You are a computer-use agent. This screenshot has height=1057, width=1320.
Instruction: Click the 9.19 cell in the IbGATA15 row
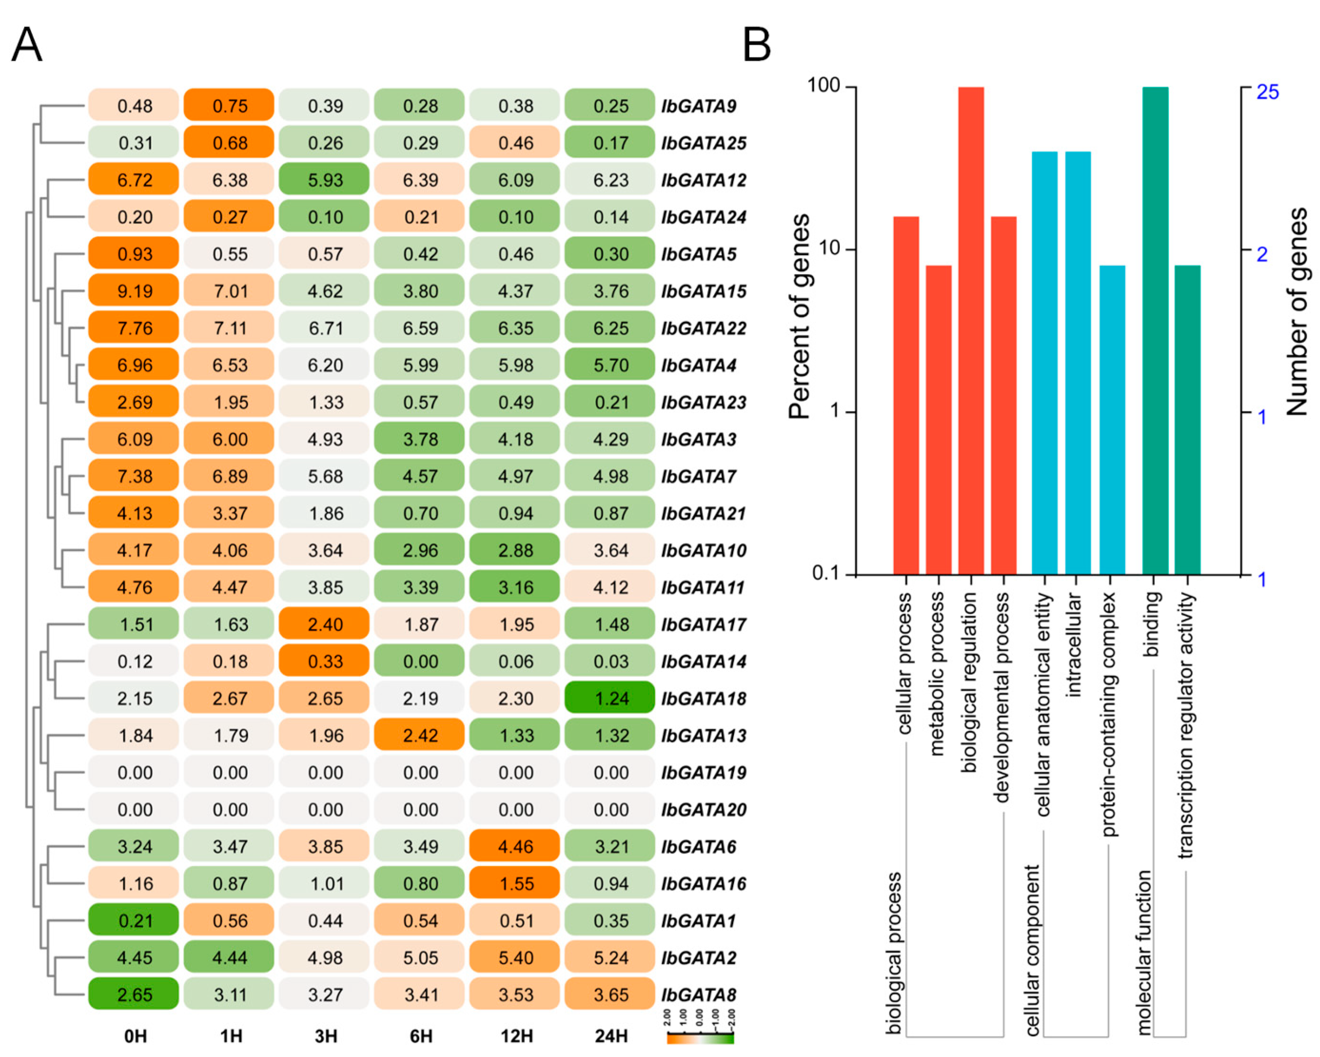pyautogui.click(x=134, y=291)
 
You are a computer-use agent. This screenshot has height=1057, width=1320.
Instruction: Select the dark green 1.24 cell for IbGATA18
pyautogui.click(x=610, y=698)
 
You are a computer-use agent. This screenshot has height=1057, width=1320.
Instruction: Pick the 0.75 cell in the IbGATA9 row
pyautogui.click(x=230, y=106)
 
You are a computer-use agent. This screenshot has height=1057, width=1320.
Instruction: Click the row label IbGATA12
pyautogui.click(x=704, y=180)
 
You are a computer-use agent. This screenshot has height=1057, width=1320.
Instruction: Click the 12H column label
pyautogui.click(x=516, y=1036)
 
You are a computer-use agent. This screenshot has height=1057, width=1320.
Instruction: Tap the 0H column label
pyautogui.click(x=135, y=1036)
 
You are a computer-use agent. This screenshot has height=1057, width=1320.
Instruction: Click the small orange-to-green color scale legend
pyautogui.click(x=700, y=1037)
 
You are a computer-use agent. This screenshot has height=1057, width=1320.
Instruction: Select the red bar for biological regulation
pyautogui.click(x=971, y=331)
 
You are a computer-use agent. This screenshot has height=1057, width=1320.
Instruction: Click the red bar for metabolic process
pyautogui.click(x=939, y=420)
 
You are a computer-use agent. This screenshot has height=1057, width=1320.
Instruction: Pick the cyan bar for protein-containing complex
pyautogui.click(x=1113, y=420)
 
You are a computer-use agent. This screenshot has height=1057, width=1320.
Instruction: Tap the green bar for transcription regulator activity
pyautogui.click(x=1188, y=420)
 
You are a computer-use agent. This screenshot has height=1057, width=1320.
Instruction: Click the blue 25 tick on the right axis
pyautogui.click(x=1267, y=92)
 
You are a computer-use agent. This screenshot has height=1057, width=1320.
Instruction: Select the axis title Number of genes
pyautogui.click(x=1297, y=313)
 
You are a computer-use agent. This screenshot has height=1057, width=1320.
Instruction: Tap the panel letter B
pyautogui.click(x=757, y=45)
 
